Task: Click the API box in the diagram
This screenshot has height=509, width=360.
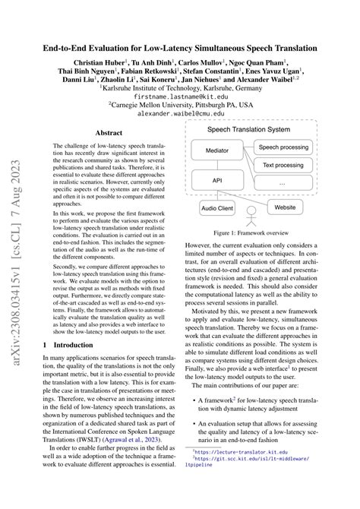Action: pyautogui.click(x=217, y=182)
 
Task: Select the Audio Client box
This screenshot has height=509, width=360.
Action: pyautogui.click(x=218, y=207)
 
